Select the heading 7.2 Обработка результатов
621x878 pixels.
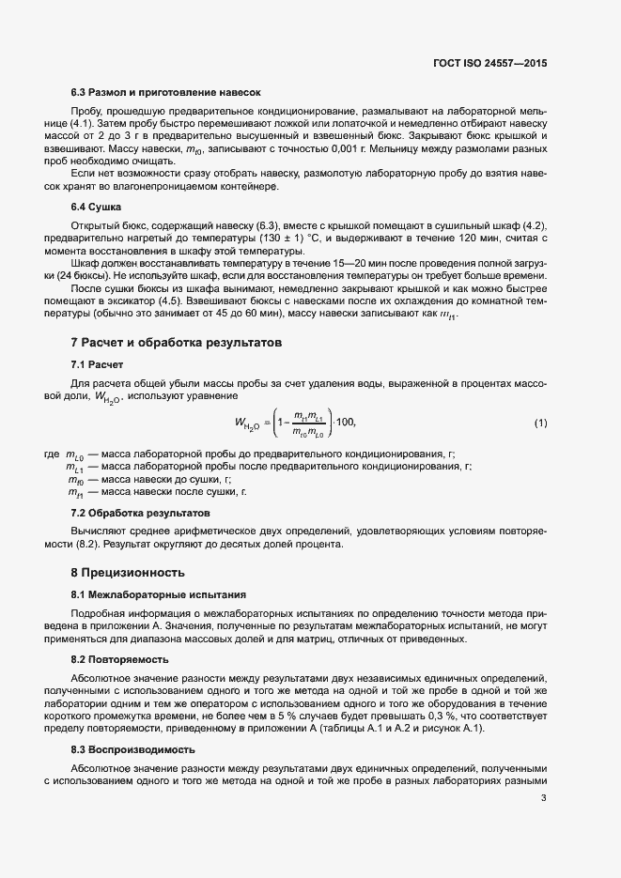point(140,514)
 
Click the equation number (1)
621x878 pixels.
point(540,424)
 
